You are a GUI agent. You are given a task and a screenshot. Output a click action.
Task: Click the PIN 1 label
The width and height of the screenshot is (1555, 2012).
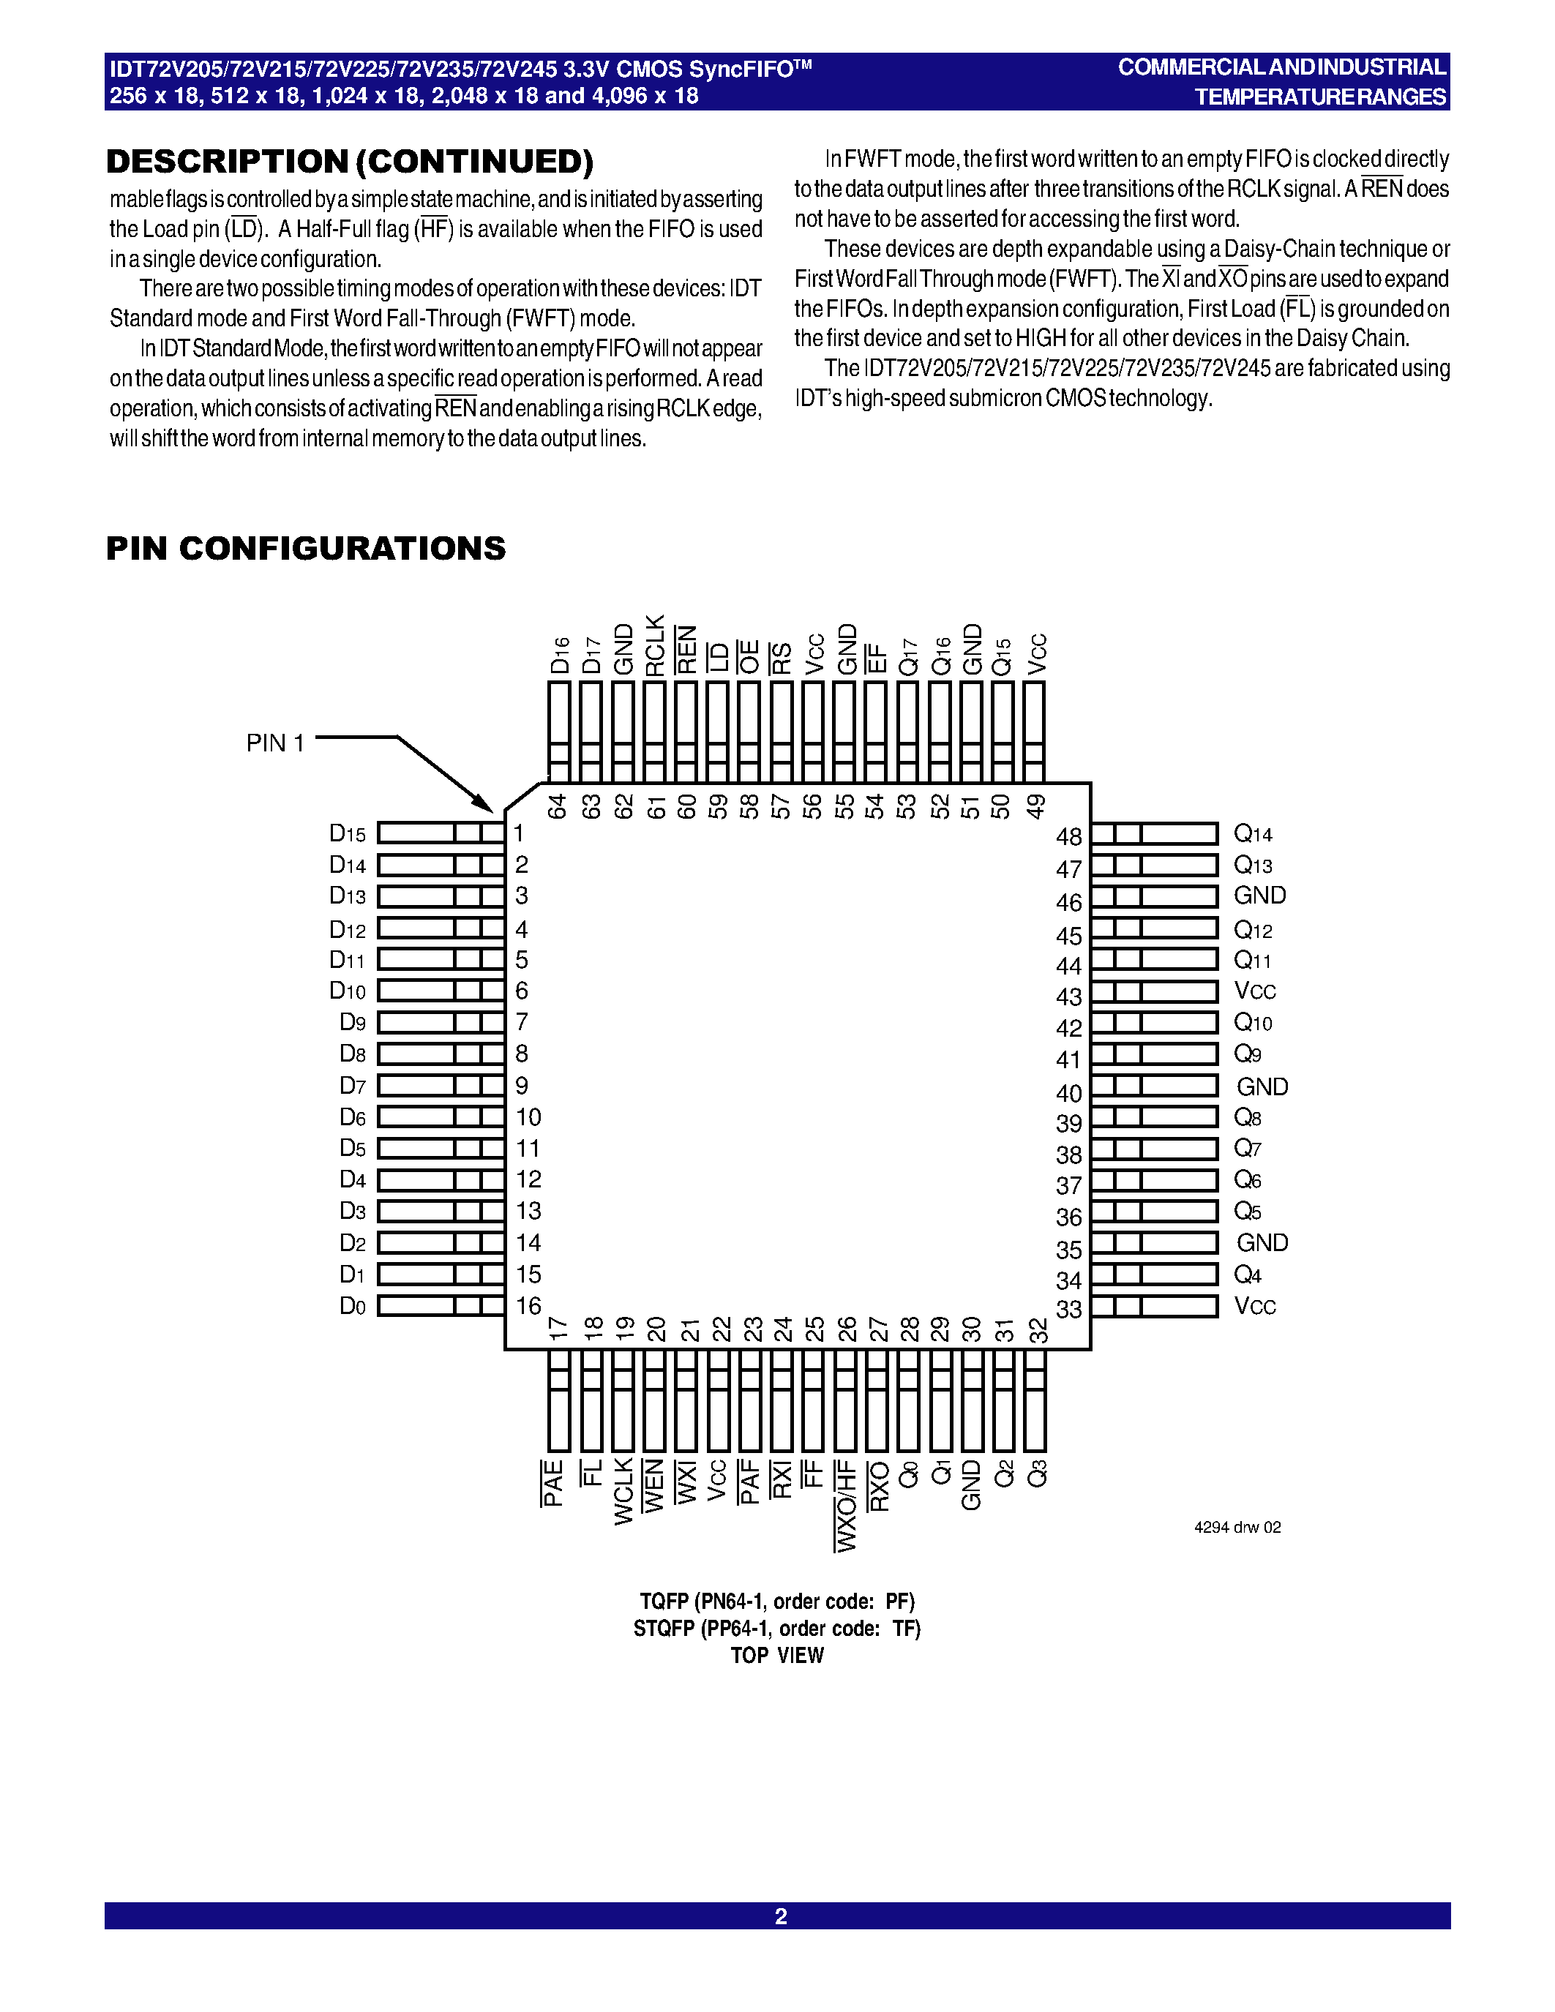click(274, 743)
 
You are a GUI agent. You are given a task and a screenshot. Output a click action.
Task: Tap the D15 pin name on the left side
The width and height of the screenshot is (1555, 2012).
click(348, 834)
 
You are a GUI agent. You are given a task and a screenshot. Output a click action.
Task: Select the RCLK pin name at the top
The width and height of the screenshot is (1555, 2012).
click(655, 646)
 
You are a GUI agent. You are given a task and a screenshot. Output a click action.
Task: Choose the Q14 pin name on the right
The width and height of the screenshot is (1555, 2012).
click(1253, 835)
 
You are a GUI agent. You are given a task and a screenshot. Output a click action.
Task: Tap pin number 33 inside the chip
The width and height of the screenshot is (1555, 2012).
click(1068, 1309)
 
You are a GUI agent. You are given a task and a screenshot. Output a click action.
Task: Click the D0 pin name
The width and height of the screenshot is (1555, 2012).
click(353, 1306)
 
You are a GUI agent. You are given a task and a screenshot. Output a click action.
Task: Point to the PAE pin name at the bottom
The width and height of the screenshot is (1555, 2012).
click(552, 1483)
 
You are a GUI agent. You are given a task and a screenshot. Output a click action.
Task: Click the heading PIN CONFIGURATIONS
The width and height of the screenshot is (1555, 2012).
click(306, 548)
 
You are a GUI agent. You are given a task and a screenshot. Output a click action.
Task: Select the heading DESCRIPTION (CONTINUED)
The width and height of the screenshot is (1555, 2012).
click(350, 161)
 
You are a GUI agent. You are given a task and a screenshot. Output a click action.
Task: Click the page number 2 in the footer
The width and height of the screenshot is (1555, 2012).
click(780, 1916)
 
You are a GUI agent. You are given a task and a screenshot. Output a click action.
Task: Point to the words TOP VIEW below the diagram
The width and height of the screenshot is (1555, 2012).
click(777, 1656)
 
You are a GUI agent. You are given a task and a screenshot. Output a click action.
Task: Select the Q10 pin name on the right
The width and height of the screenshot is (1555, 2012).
click(1253, 1023)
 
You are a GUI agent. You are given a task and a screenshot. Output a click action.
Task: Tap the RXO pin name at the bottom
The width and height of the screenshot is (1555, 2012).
click(880, 1486)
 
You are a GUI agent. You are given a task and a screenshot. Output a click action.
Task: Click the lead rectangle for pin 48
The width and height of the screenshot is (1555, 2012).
click(1154, 834)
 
